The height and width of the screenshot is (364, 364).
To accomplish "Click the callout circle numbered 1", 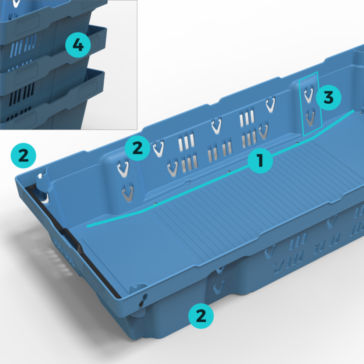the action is [260, 160].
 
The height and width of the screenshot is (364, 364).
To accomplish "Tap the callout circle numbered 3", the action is [328, 97].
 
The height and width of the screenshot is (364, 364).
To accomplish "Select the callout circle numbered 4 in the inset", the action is [78, 45].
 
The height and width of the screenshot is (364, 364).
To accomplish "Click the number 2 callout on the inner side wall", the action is [138, 148].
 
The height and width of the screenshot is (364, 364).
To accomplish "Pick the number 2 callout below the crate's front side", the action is [201, 316].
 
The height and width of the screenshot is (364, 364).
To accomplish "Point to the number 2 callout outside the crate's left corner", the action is [24, 156].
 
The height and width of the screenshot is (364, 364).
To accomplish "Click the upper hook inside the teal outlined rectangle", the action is [309, 94].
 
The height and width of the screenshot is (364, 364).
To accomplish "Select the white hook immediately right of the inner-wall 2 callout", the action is [159, 148].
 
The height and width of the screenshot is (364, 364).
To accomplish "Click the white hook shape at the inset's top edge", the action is [16, 3].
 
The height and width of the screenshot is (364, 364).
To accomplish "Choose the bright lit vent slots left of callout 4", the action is [23, 46].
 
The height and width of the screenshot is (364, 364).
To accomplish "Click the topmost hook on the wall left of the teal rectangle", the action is [271, 104].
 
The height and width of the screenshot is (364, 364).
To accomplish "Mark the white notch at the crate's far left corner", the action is [40, 176].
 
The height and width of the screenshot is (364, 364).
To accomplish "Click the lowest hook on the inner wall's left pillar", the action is [128, 192].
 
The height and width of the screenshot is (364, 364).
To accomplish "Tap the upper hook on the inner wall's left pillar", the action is [123, 168].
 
